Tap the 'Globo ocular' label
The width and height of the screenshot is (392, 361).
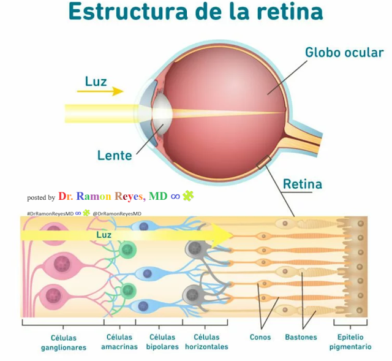(x=344, y=52)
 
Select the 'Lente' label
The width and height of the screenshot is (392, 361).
(x=115, y=155)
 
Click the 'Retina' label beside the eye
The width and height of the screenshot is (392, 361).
(x=302, y=184)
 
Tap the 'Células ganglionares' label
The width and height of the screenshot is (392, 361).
(x=64, y=342)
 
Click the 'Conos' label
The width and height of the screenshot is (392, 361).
(x=260, y=337)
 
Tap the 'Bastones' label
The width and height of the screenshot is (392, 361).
(x=301, y=337)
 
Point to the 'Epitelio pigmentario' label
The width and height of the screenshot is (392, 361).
(x=350, y=341)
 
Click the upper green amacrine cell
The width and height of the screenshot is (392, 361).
(x=128, y=249)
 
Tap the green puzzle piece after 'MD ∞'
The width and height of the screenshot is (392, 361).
(x=187, y=196)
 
